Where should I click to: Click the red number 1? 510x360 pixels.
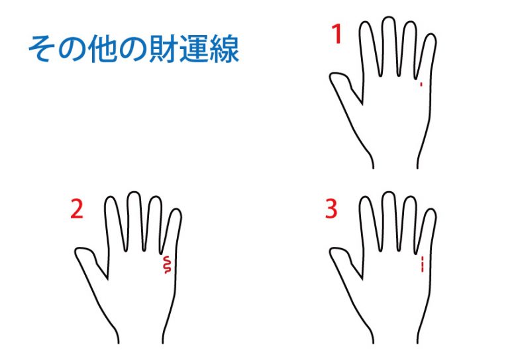[x=337, y=34]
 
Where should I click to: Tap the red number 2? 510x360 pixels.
[x=77, y=208]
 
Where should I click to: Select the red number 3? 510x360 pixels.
[x=331, y=208]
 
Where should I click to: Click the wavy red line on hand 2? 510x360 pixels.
[x=167, y=264]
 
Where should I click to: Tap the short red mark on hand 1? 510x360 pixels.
[x=421, y=85]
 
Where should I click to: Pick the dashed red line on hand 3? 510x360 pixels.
[x=422, y=264]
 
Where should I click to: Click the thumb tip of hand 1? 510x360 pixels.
[x=332, y=77]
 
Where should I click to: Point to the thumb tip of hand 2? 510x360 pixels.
[x=77, y=252]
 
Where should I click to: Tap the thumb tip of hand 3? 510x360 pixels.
[x=332, y=252]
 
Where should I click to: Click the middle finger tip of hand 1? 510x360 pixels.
[x=388, y=17]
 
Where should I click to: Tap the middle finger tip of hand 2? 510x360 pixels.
[x=134, y=193]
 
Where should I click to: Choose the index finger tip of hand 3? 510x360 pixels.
[x=365, y=197]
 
